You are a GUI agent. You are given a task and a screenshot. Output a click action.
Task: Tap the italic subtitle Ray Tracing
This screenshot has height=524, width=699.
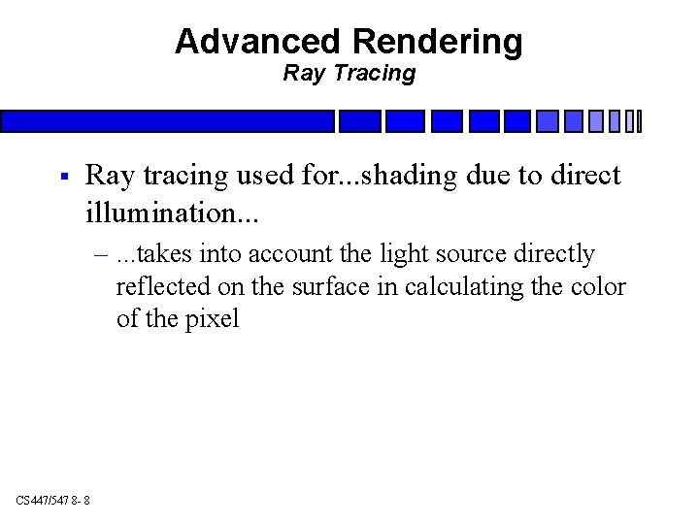coord(349,73)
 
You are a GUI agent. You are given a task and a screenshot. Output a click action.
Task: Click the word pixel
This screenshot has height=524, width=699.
coord(212,319)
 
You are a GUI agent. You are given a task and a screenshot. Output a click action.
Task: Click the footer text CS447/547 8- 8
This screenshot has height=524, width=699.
coord(53,500)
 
